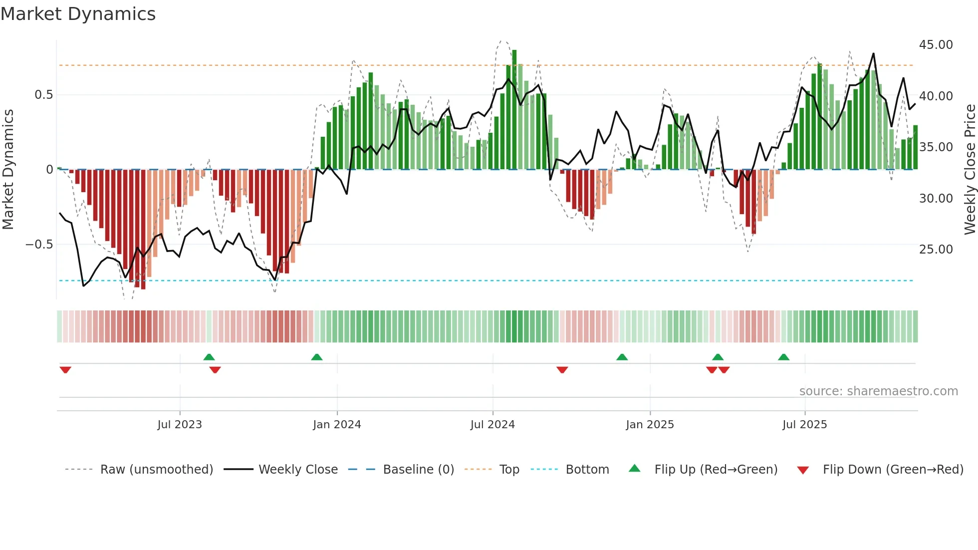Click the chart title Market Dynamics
(78, 14)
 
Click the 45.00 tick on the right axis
(936, 45)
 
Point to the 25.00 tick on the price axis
(936, 250)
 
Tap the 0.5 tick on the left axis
(43, 95)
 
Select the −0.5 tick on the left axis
(39, 245)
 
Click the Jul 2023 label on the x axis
(180, 425)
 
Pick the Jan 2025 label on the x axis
(650, 425)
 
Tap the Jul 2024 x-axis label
(492, 425)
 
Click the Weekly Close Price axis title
(970, 170)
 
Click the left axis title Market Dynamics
(8, 170)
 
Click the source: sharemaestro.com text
(878, 391)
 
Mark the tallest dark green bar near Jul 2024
(514, 110)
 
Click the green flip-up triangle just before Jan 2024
(317, 357)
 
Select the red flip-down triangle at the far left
(65, 370)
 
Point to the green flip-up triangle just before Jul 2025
(783, 357)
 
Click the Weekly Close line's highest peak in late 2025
(873, 54)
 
